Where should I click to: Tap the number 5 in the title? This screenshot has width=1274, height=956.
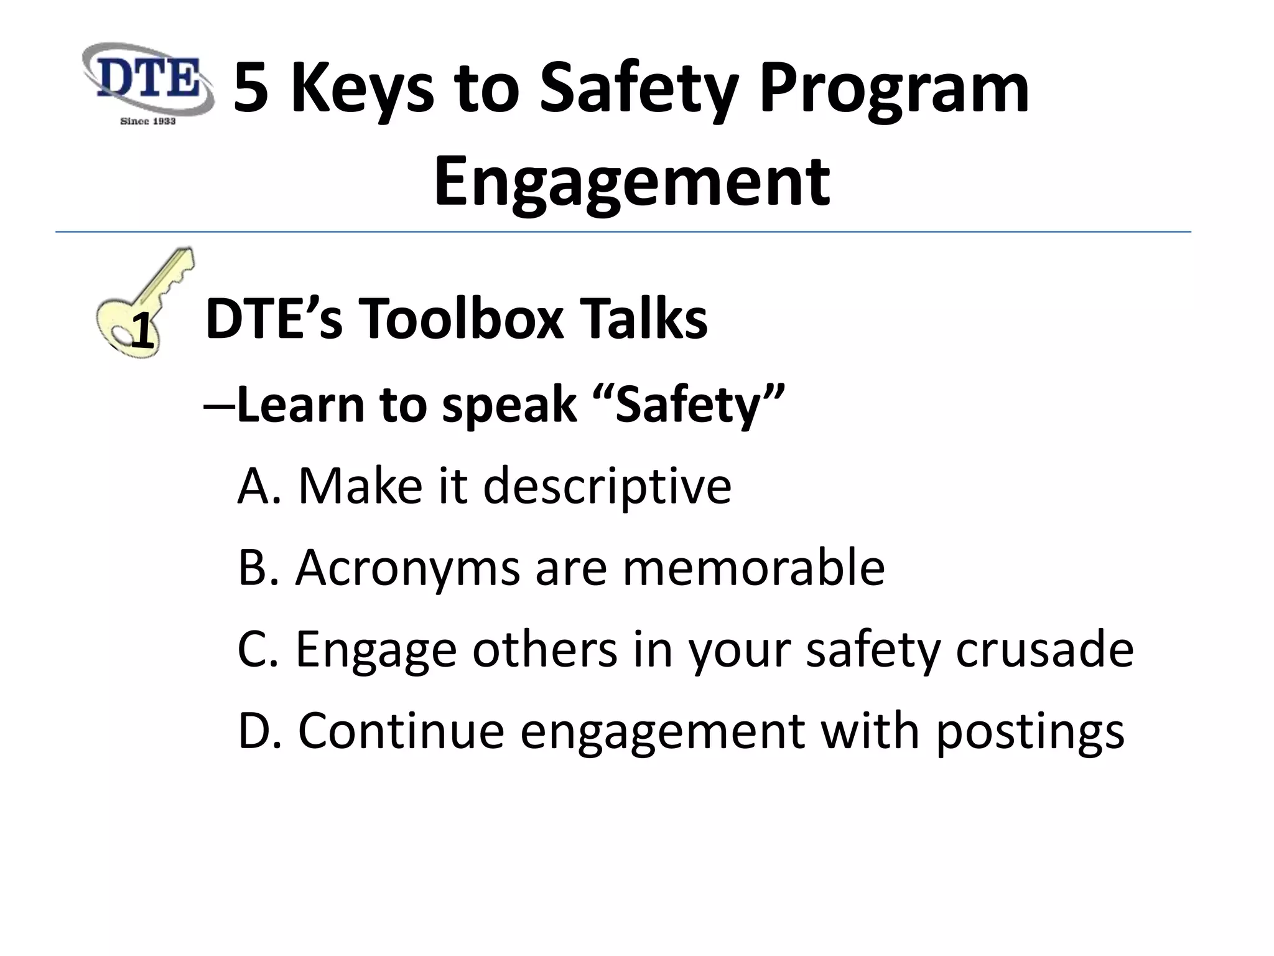[251, 90]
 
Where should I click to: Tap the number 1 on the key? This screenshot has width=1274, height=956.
[142, 331]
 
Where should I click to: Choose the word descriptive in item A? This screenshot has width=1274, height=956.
[607, 486]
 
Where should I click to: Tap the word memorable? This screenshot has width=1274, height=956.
[753, 568]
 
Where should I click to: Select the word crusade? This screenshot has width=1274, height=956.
[1044, 649]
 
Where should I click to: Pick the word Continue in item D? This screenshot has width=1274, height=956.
[401, 731]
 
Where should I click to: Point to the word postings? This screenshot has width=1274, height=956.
[1030, 732]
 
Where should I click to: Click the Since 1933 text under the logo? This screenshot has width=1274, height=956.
[148, 121]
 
